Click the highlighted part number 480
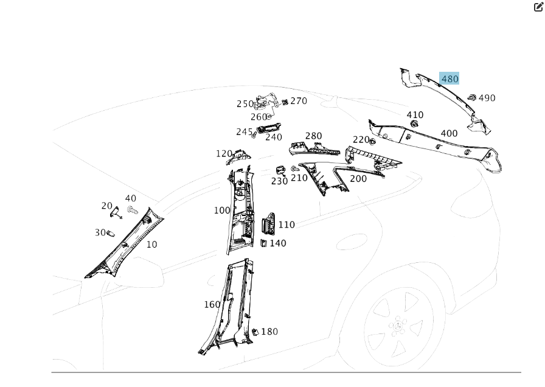450,78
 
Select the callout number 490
487,98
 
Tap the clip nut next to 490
471,97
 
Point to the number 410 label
415,115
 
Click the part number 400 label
449,134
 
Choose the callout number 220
361,140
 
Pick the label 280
313,136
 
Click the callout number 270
299,101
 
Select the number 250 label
245,104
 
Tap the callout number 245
244,132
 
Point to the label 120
224,154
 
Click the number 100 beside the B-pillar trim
222,211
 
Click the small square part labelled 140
263,243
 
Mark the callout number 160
212,304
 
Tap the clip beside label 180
255,332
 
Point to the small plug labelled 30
110,232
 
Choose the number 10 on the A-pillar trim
151,245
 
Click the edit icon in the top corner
538,7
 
